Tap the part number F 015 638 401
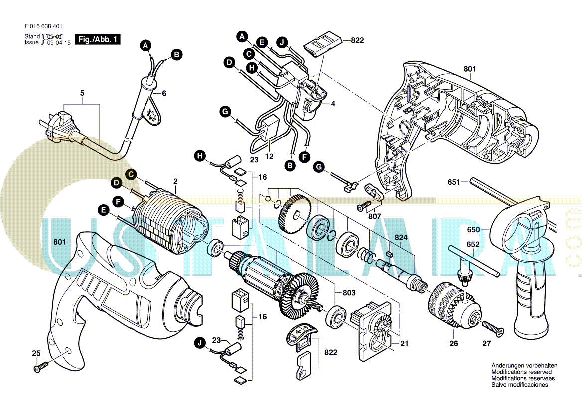pyautogui.click(x=43, y=26)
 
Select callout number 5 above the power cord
pyautogui.click(x=82, y=93)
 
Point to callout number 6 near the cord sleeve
pyautogui.click(x=164, y=93)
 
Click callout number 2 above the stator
pyautogui.click(x=175, y=180)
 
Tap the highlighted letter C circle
pyautogui.click(x=130, y=174)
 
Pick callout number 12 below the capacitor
pyautogui.click(x=269, y=156)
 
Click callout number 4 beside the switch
pyautogui.click(x=333, y=104)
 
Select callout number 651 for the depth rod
pyautogui.click(x=454, y=182)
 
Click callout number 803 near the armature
pyautogui.click(x=349, y=293)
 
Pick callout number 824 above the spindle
pyautogui.click(x=401, y=238)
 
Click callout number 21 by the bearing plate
pyautogui.click(x=404, y=344)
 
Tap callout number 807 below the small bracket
pyautogui.click(x=375, y=217)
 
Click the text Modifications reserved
pyautogui.click(x=521, y=372)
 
